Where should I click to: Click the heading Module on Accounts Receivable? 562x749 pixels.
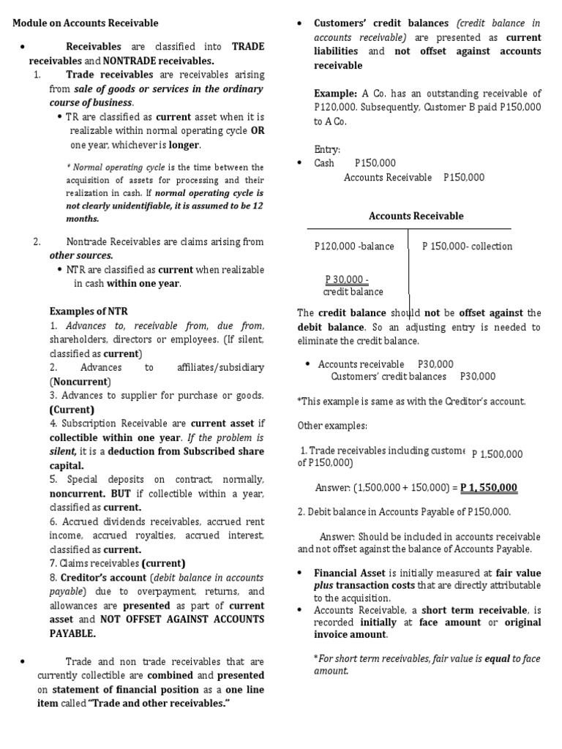(86, 23)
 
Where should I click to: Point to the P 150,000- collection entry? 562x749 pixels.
(467, 246)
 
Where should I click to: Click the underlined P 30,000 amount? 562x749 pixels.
(347, 279)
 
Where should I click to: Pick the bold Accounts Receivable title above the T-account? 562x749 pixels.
(416, 216)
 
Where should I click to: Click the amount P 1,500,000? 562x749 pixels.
(498, 454)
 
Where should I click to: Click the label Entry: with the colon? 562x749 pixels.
(327, 149)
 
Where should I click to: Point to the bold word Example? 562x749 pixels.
(336, 94)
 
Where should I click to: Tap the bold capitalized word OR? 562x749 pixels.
(258, 131)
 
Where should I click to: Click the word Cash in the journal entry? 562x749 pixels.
(324, 163)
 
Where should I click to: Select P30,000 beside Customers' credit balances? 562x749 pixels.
(477, 377)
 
